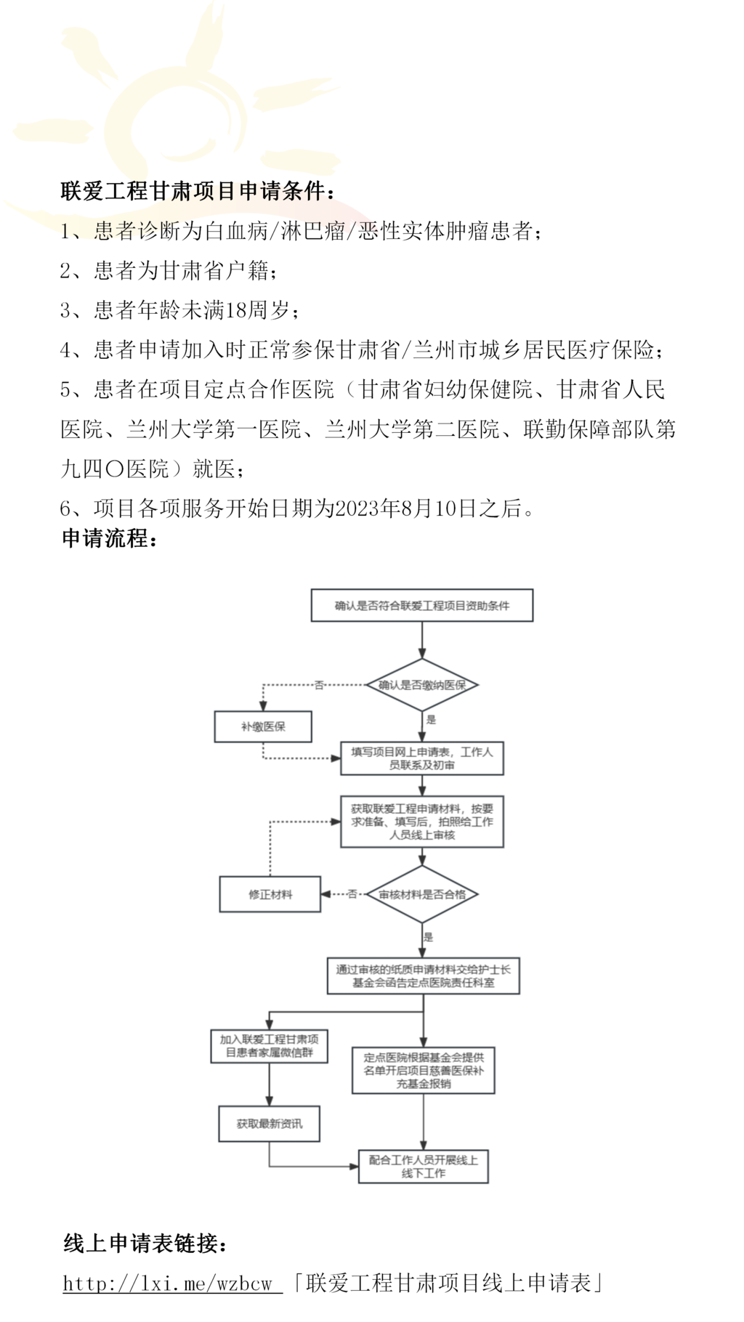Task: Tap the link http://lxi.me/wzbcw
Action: pyautogui.click(x=171, y=1284)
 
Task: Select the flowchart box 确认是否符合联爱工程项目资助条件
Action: pyautogui.click(x=421, y=606)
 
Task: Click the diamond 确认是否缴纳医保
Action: pyautogui.click(x=422, y=685)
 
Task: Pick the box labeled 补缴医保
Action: pyautogui.click(x=263, y=726)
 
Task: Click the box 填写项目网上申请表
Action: pyautogui.click(x=421, y=758)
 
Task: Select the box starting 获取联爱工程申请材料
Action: pyautogui.click(x=421, y=822)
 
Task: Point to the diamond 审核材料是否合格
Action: pyautogui.click(x=422, y=894)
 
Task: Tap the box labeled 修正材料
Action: pyautogui.click(x=270, y=894)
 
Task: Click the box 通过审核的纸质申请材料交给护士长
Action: pyautogui.click(x=423, y=976)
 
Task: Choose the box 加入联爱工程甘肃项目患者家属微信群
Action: pyautogui.click(x=269, y=1046)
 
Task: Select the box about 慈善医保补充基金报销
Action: pyautogui.click(x=423, y=1071)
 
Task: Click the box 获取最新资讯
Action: pyautogui.click(x=269, y=1124)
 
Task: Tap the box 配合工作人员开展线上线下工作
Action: pyautogui.click(x=423, y=1167)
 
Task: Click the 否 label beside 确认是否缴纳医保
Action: pyautogui.click(x=318, y=685)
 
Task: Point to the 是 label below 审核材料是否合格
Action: pyautogui.click(x=428, y=937)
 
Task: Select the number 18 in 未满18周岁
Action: pyautogui.click(x=237, y=311)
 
